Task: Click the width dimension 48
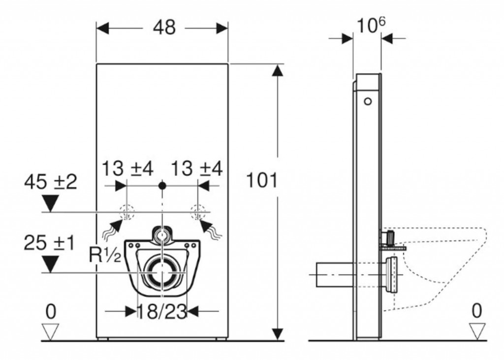164,28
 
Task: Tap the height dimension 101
261,180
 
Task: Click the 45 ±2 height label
51,182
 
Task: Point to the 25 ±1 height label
49,243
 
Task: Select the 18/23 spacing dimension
162,311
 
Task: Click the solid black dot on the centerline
162,186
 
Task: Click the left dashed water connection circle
127,212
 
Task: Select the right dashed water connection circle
198,212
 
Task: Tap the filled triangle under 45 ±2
51,203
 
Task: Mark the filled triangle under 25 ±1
50,264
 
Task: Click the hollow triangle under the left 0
51,332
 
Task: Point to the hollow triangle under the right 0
477,331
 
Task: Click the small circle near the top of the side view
368,101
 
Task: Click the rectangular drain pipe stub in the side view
335,275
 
